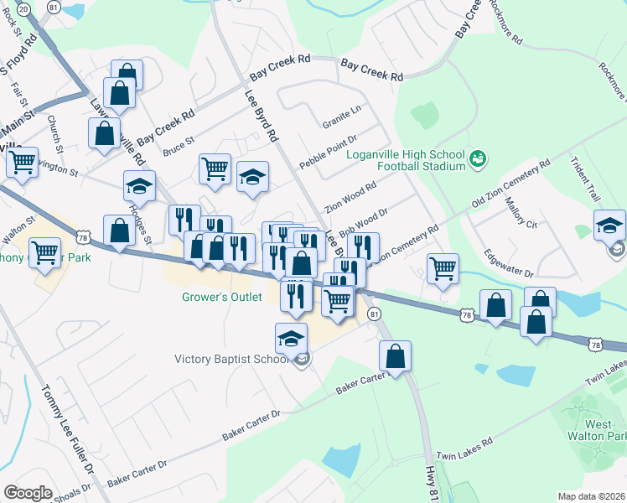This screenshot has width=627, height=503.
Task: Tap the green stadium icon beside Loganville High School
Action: point(478,157)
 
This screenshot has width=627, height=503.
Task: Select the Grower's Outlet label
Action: point(222,297)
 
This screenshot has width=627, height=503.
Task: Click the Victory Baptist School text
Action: point(231,360)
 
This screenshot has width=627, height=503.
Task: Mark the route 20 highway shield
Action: point(23,8)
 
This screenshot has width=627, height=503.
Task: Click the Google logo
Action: point(28,492)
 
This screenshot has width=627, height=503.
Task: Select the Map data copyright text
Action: point(590,496)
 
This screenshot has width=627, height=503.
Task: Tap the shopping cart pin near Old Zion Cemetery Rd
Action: point(443,270)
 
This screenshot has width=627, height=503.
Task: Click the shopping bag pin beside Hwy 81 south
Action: point(395,355)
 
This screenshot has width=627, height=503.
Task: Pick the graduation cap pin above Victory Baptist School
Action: point(290,339)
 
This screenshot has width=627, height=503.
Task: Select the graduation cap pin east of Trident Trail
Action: point(609,226)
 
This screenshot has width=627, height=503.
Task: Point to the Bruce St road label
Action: point(178,147)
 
